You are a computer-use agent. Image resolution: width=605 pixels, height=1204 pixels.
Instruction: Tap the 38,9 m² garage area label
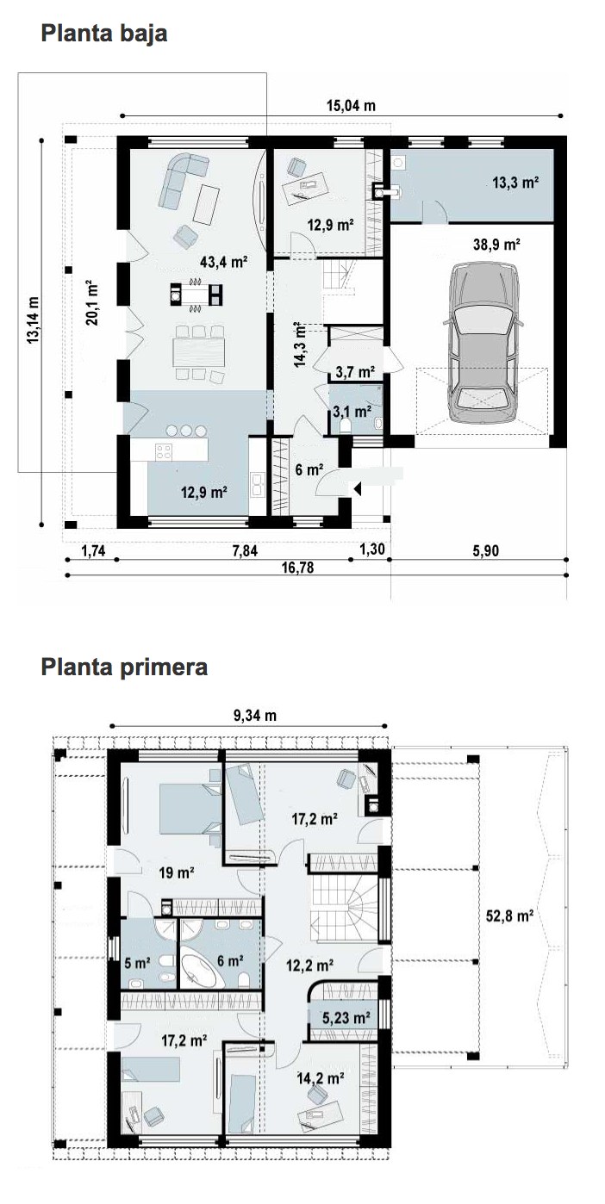tap(496, 245)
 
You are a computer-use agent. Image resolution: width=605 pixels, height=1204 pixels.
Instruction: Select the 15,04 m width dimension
tap(351, 105)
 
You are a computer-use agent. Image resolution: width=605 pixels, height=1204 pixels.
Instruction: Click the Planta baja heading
tap(103, 34)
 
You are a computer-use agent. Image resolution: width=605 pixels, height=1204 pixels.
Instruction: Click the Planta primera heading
tap(124, 667)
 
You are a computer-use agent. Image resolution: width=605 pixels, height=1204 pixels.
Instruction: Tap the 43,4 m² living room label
tap(223, 262)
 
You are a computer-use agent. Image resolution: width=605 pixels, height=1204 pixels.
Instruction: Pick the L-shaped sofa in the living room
tap(182, 180)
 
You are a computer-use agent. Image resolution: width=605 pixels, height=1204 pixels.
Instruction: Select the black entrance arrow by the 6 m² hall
tap(356, 488)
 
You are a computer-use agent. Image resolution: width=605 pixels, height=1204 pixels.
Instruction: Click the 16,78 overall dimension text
tap(297, 568)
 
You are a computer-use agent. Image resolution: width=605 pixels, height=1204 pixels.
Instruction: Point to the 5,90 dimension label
tap(485, 551)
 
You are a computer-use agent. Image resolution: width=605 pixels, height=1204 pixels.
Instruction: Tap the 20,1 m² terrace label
tap(91, 302)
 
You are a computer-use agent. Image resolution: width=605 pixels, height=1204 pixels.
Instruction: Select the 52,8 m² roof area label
tap(509, 915)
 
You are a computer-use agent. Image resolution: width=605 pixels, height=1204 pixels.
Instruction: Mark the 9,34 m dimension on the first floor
tap(254, 716)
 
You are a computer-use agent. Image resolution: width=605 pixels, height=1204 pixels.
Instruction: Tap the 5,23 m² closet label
tap(346, 1017)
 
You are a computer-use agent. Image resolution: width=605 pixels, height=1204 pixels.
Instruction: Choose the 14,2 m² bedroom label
tap(321, 1078)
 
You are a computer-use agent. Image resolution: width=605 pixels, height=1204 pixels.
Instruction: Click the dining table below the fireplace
tap(198, 351)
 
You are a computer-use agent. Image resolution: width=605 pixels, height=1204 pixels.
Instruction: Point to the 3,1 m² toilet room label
tap(352, 412)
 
